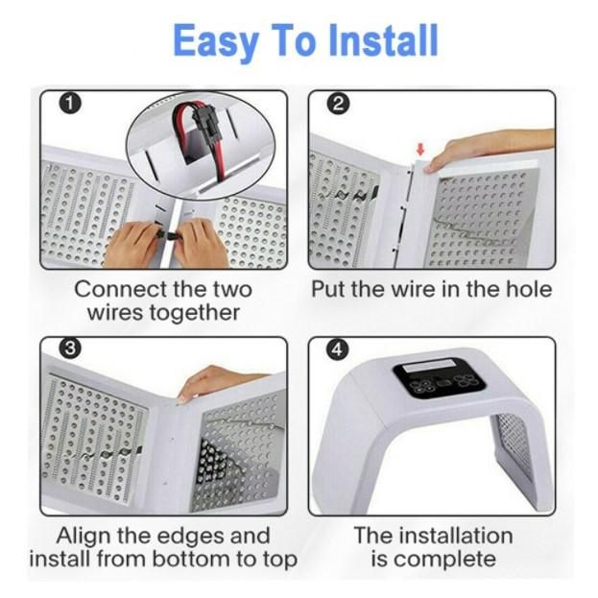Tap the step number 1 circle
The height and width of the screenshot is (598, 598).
70,104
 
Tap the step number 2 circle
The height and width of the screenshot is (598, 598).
338,104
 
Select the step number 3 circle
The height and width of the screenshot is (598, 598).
70,348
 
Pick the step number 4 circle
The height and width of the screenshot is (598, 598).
338,349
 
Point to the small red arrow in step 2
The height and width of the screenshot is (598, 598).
420,150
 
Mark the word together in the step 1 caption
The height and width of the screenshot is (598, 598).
194,313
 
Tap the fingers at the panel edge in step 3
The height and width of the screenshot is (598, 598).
213,383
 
